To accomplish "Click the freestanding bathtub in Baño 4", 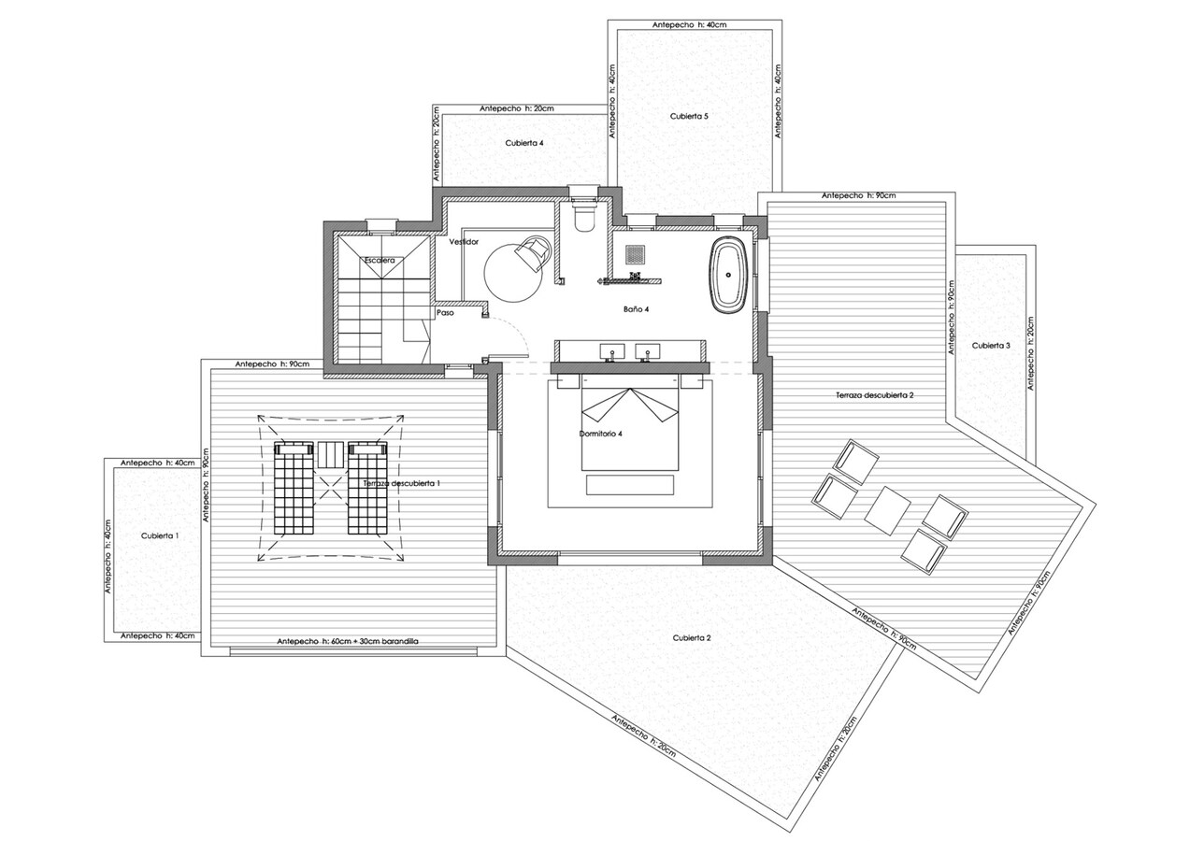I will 728,275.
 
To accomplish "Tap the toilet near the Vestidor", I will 584,216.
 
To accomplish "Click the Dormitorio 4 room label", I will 601,434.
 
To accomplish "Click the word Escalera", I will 380,259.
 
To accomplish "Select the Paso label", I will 446,313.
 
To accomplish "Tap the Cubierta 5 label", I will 689,117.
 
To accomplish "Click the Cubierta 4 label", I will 524,143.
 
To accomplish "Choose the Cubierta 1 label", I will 160,535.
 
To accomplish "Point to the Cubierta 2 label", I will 692,637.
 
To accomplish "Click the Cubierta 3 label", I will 991,346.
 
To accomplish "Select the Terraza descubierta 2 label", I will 874,395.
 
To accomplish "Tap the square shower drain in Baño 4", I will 636,253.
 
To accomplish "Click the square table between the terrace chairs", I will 887,509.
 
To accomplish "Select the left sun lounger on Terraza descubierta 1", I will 292,488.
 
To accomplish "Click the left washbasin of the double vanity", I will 613,352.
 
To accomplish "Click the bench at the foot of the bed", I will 629,484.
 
